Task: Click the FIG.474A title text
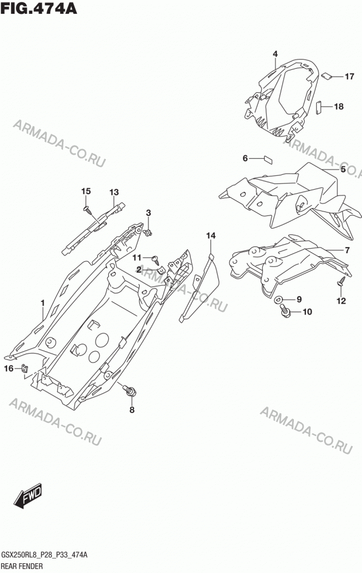click(x=39, y=8)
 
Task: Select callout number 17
click(x=349, y=76)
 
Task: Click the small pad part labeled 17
click(x=326, y=76)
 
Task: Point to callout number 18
click(x=339, y=107)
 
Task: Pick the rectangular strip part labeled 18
click(x=318, y=108)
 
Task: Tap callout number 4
click(x=275, y=54)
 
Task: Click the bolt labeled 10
click(x=285, y=311)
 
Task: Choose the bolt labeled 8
click(x=129, y=390)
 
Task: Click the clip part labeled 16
click(x=25, y=368)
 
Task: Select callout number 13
click(x=114, y=192)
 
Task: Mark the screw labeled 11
click(x=156, y=260)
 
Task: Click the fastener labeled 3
click(x=148, y=232)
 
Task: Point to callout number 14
click(x=211, y=236)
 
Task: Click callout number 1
click(x=43, y=303)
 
